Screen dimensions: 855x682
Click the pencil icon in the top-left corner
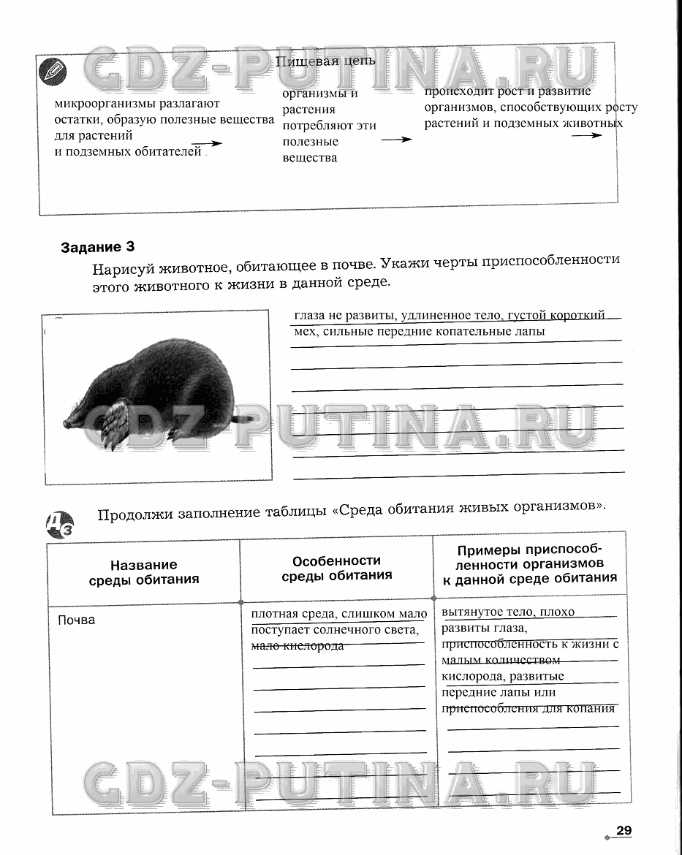[54, 72]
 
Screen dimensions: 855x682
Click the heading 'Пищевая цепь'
[325, 61]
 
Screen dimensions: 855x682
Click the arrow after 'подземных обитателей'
[207, 145]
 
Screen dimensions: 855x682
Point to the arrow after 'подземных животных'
[587, 136]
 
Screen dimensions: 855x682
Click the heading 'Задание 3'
[98, 247]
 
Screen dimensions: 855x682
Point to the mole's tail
[243, 419]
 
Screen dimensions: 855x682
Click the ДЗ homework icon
[59, 524]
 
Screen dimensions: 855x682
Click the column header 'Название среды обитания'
[144, 572]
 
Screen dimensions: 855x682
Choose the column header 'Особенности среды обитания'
[336, 568]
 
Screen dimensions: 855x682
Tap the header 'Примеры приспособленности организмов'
[530, 564]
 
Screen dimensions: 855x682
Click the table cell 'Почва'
[76, 620]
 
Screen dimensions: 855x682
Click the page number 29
[623, 830]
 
